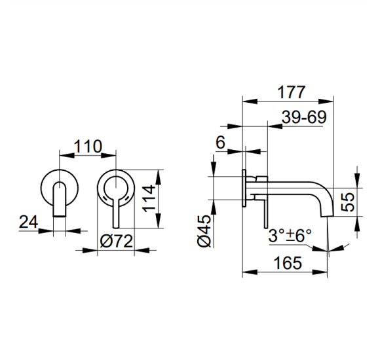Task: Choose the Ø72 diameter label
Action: coord(117,240)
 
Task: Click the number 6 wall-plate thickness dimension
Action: coord(220,142)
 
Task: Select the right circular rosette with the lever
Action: coord(117,189)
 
